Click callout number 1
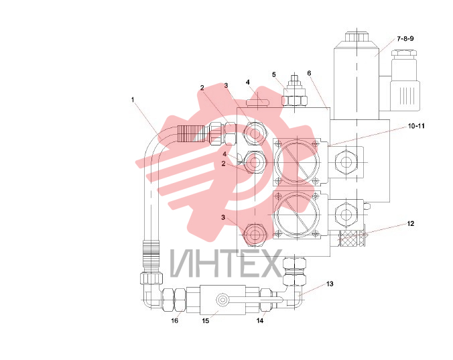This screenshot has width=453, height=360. [133, 100]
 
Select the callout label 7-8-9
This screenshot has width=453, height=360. [405, 38]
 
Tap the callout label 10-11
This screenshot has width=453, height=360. [416, 126]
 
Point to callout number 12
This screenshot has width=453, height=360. [411, 224]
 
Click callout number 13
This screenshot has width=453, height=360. [330, 284]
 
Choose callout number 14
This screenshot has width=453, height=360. [260, 320]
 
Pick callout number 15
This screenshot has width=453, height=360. [206, 320]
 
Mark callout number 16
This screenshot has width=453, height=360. [174, 320]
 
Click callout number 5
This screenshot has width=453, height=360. [274, 75]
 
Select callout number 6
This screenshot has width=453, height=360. [309, 73]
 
